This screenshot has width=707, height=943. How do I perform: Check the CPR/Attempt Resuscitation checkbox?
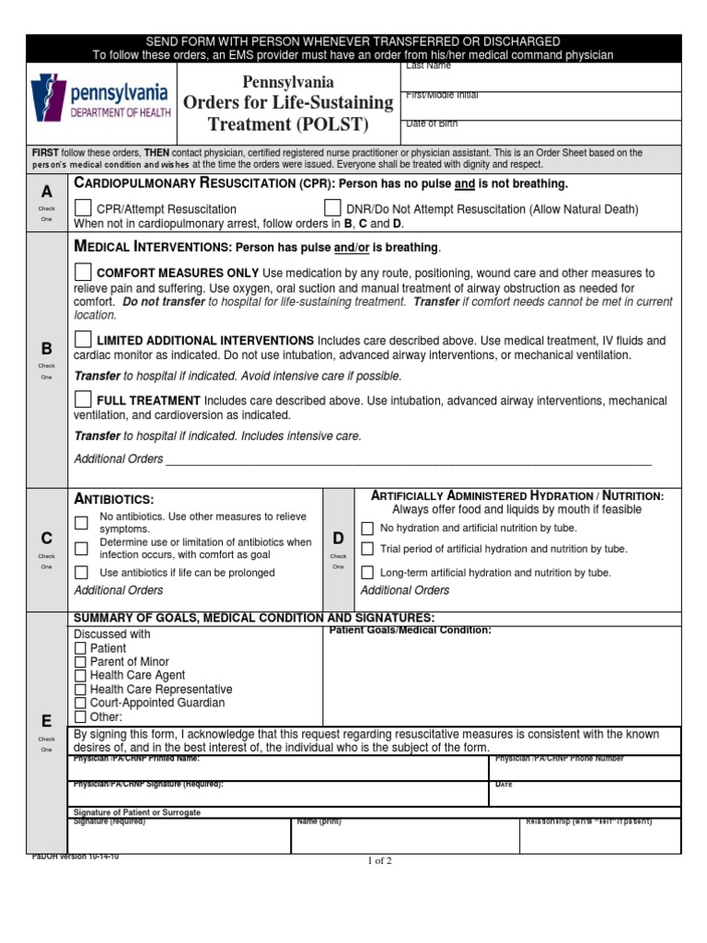83,207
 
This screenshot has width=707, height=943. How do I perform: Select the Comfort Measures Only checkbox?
83,272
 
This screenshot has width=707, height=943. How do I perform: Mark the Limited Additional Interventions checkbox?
83,339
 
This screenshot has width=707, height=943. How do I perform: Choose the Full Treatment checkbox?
83,399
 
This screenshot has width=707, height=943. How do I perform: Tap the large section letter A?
46,192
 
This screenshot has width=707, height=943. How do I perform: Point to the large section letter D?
338,538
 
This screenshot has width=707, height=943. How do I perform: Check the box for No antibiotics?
82,523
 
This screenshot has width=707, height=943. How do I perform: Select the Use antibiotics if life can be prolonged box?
82,573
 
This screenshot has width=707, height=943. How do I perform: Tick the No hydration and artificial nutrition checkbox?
367,529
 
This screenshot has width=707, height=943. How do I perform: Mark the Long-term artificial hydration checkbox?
367,573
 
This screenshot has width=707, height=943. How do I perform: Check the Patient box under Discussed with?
80,648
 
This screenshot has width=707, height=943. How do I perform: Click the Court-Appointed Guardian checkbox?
80,703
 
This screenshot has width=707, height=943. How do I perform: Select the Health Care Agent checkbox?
80,676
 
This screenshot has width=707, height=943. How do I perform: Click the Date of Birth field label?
432,123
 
